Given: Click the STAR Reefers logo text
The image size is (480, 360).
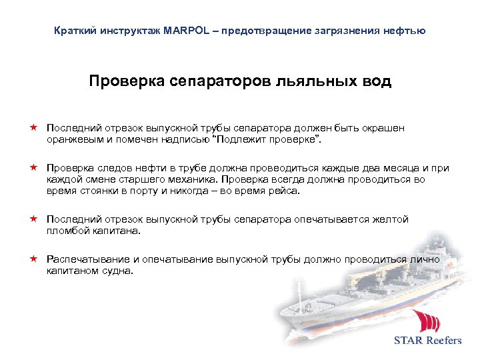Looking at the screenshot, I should (x=427, y=340).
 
